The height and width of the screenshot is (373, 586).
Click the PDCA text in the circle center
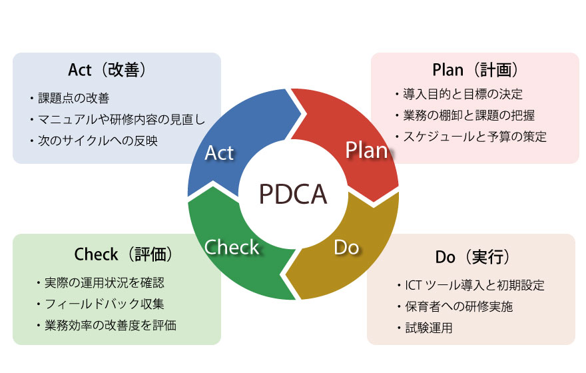pos(292,194)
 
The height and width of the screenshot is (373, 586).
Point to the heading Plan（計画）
pos(475,70)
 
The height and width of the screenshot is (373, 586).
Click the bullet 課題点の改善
pos(73,99)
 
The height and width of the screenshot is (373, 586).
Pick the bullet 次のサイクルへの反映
pos(97,141)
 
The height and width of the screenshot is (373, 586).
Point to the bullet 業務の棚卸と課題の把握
pos(469,115)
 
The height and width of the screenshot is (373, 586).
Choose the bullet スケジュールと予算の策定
pos(473,137)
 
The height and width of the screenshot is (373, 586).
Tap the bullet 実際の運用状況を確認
pos(103,282)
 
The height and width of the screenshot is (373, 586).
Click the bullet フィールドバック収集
pos(103,304)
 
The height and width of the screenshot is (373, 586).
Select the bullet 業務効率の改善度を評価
pos(110,326)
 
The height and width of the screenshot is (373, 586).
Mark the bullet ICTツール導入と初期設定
pos(473,286)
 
